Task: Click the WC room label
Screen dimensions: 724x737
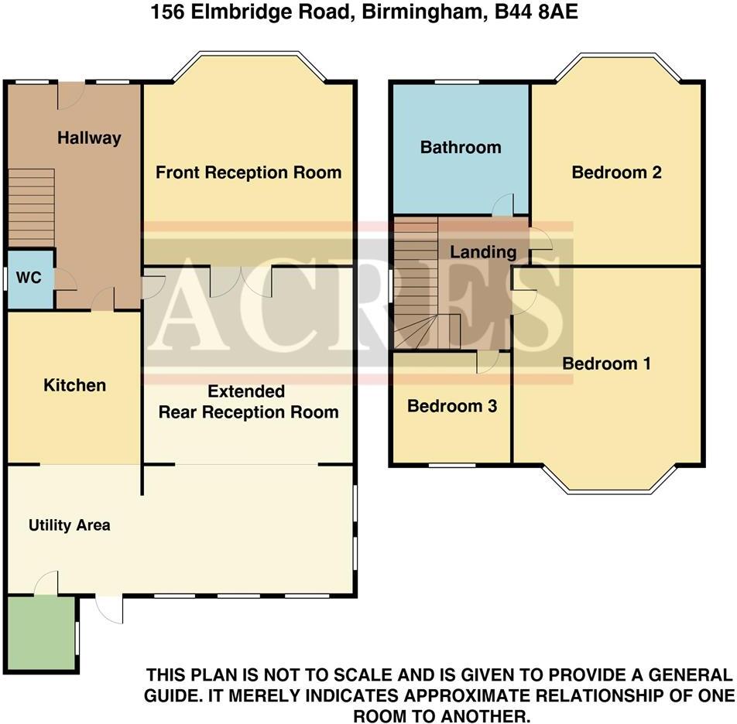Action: pyautogui.click(x=29, y=277)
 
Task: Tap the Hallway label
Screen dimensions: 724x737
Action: pyautogui.click(x=90, y=138)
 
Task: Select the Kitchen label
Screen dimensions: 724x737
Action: pyautogui.click(x=74, y=385)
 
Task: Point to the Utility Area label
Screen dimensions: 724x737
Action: pyautogui.click(x=70, y=525)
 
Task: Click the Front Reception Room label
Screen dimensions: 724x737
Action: pyautogui.click(x=249, y=172)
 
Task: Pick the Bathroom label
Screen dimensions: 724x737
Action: pyautogui.click(x=460, y=147)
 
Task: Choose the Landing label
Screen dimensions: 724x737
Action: pyautogui.click(x=483, y=251)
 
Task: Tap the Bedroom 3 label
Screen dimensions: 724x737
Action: pyautogui.click(x=452, y=406)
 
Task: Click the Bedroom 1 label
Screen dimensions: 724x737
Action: pyautogui.click(x=606, y=364)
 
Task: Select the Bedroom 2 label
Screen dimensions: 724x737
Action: pyautogui.click(x=616, y=172)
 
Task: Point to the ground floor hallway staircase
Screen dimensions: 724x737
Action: pyautogui.click(x=32, y=207)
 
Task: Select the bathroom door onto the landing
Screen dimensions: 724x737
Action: pyautogui.click(x=502, y=204)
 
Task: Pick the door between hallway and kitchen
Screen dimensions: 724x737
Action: pyautogui.click(x=104, y=299)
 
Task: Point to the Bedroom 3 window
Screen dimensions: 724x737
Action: pyautogui.click(x=452, y=465)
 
